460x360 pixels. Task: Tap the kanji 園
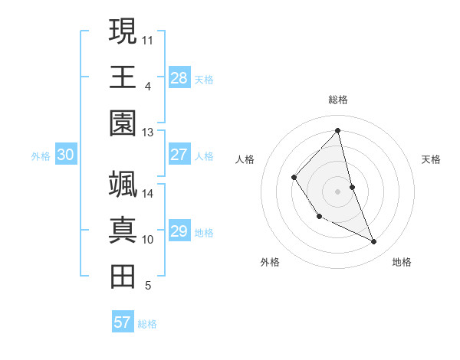(123, 123)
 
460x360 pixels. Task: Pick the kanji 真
(123, 231)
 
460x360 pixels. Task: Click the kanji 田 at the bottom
(123, 277)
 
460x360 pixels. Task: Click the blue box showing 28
(179, 77)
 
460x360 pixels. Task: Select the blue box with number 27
(179, 155)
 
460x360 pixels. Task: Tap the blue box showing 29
(179, 231)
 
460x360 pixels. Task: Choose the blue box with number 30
(65, 155)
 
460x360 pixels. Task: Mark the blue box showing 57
(123, 322)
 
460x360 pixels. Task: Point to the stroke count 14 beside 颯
(148, 194)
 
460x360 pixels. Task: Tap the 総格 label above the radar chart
(338, 100)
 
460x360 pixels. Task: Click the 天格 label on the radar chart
(431, 159)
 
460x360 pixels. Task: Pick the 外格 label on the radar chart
(270, 262)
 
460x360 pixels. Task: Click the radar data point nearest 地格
(374, 241)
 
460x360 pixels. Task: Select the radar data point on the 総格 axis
(338, 130)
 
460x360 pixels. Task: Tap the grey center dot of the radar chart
(338, 191)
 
